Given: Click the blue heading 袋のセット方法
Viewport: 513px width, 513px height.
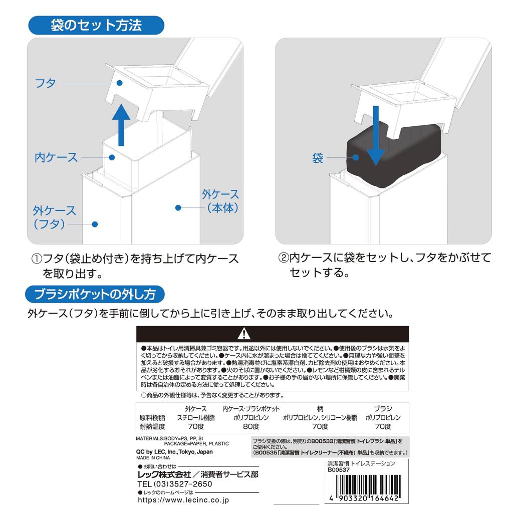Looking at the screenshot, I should coord(96,25).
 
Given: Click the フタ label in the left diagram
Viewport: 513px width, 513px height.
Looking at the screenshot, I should coord(45,83).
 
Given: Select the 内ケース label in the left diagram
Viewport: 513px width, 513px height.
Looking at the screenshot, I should coord(56,157).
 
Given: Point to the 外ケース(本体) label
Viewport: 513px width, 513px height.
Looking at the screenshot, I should coord(220,201).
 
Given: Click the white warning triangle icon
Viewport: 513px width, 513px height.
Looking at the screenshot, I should coord(243,333).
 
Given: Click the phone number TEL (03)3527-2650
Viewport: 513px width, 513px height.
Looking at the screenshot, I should coord(174,484).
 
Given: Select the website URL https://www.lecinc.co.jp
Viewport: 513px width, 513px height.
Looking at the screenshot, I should coord(184,499).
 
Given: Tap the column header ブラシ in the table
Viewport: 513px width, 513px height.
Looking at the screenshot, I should coord(383,408).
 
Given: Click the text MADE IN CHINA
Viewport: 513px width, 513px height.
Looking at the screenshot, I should coord(153,457).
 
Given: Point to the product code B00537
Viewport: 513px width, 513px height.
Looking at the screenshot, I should coord(340,470).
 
